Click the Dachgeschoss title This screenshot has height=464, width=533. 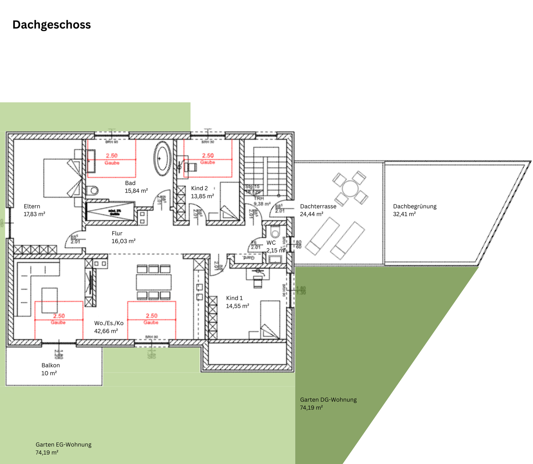pos(51,25)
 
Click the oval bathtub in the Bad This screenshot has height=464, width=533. pos(162,158)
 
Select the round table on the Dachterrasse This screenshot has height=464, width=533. pos(349,188)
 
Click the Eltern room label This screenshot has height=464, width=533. pos(32,206)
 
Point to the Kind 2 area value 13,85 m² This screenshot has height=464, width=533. pos(202,196)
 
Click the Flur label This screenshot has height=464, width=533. pos(117,233)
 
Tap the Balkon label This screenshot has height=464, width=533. pos(51,365)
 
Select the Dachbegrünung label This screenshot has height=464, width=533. pos(415,206)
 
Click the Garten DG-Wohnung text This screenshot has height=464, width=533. pos(328,400)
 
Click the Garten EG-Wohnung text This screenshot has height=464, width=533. pos(63,444)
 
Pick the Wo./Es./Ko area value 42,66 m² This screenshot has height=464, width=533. pos(106,331)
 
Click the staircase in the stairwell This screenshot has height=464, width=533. pos(266,170)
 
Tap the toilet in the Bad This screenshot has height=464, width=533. pos(93,190)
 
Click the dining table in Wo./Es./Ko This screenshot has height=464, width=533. pos(154,282)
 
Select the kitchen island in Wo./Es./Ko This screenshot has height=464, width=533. pos(50,300)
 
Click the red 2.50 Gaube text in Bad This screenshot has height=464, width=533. pos(112,156)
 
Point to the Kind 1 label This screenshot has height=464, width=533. pos(234,298)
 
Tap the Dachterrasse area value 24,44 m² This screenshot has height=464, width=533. pos(311,214)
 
